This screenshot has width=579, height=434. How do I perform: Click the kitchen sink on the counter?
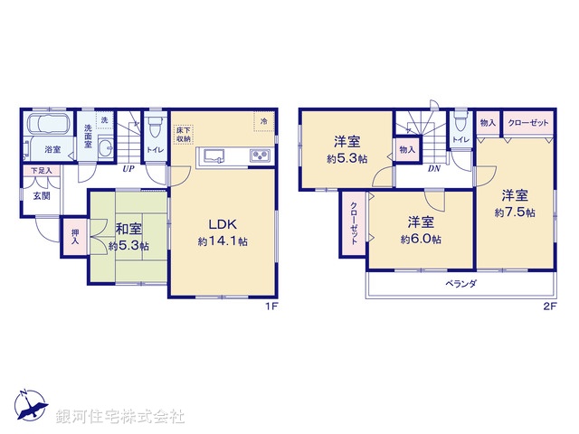pos(216,156)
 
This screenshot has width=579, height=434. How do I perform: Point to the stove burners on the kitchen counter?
pos(259,156)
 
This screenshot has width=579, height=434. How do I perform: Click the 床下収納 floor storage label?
pos(182,135)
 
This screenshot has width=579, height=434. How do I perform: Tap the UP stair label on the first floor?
pos(128,167)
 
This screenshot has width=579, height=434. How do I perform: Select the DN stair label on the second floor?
pos(433,168)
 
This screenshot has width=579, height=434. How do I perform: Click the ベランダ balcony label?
pos(460,283)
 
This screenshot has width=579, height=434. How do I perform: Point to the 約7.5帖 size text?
pos(514,212)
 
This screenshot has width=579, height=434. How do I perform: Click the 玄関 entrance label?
pos(43,194)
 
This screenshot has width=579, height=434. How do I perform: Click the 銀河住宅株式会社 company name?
pos(120,417)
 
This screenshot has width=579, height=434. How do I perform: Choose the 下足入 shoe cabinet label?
pos(41,170)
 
